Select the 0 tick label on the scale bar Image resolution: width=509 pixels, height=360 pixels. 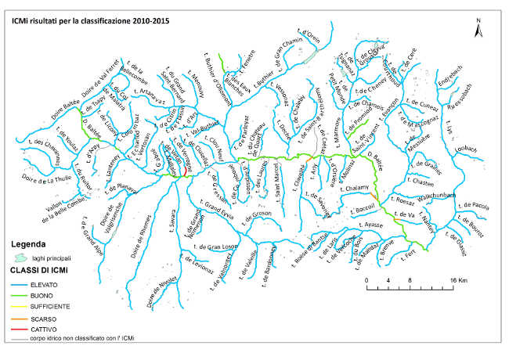366,279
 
